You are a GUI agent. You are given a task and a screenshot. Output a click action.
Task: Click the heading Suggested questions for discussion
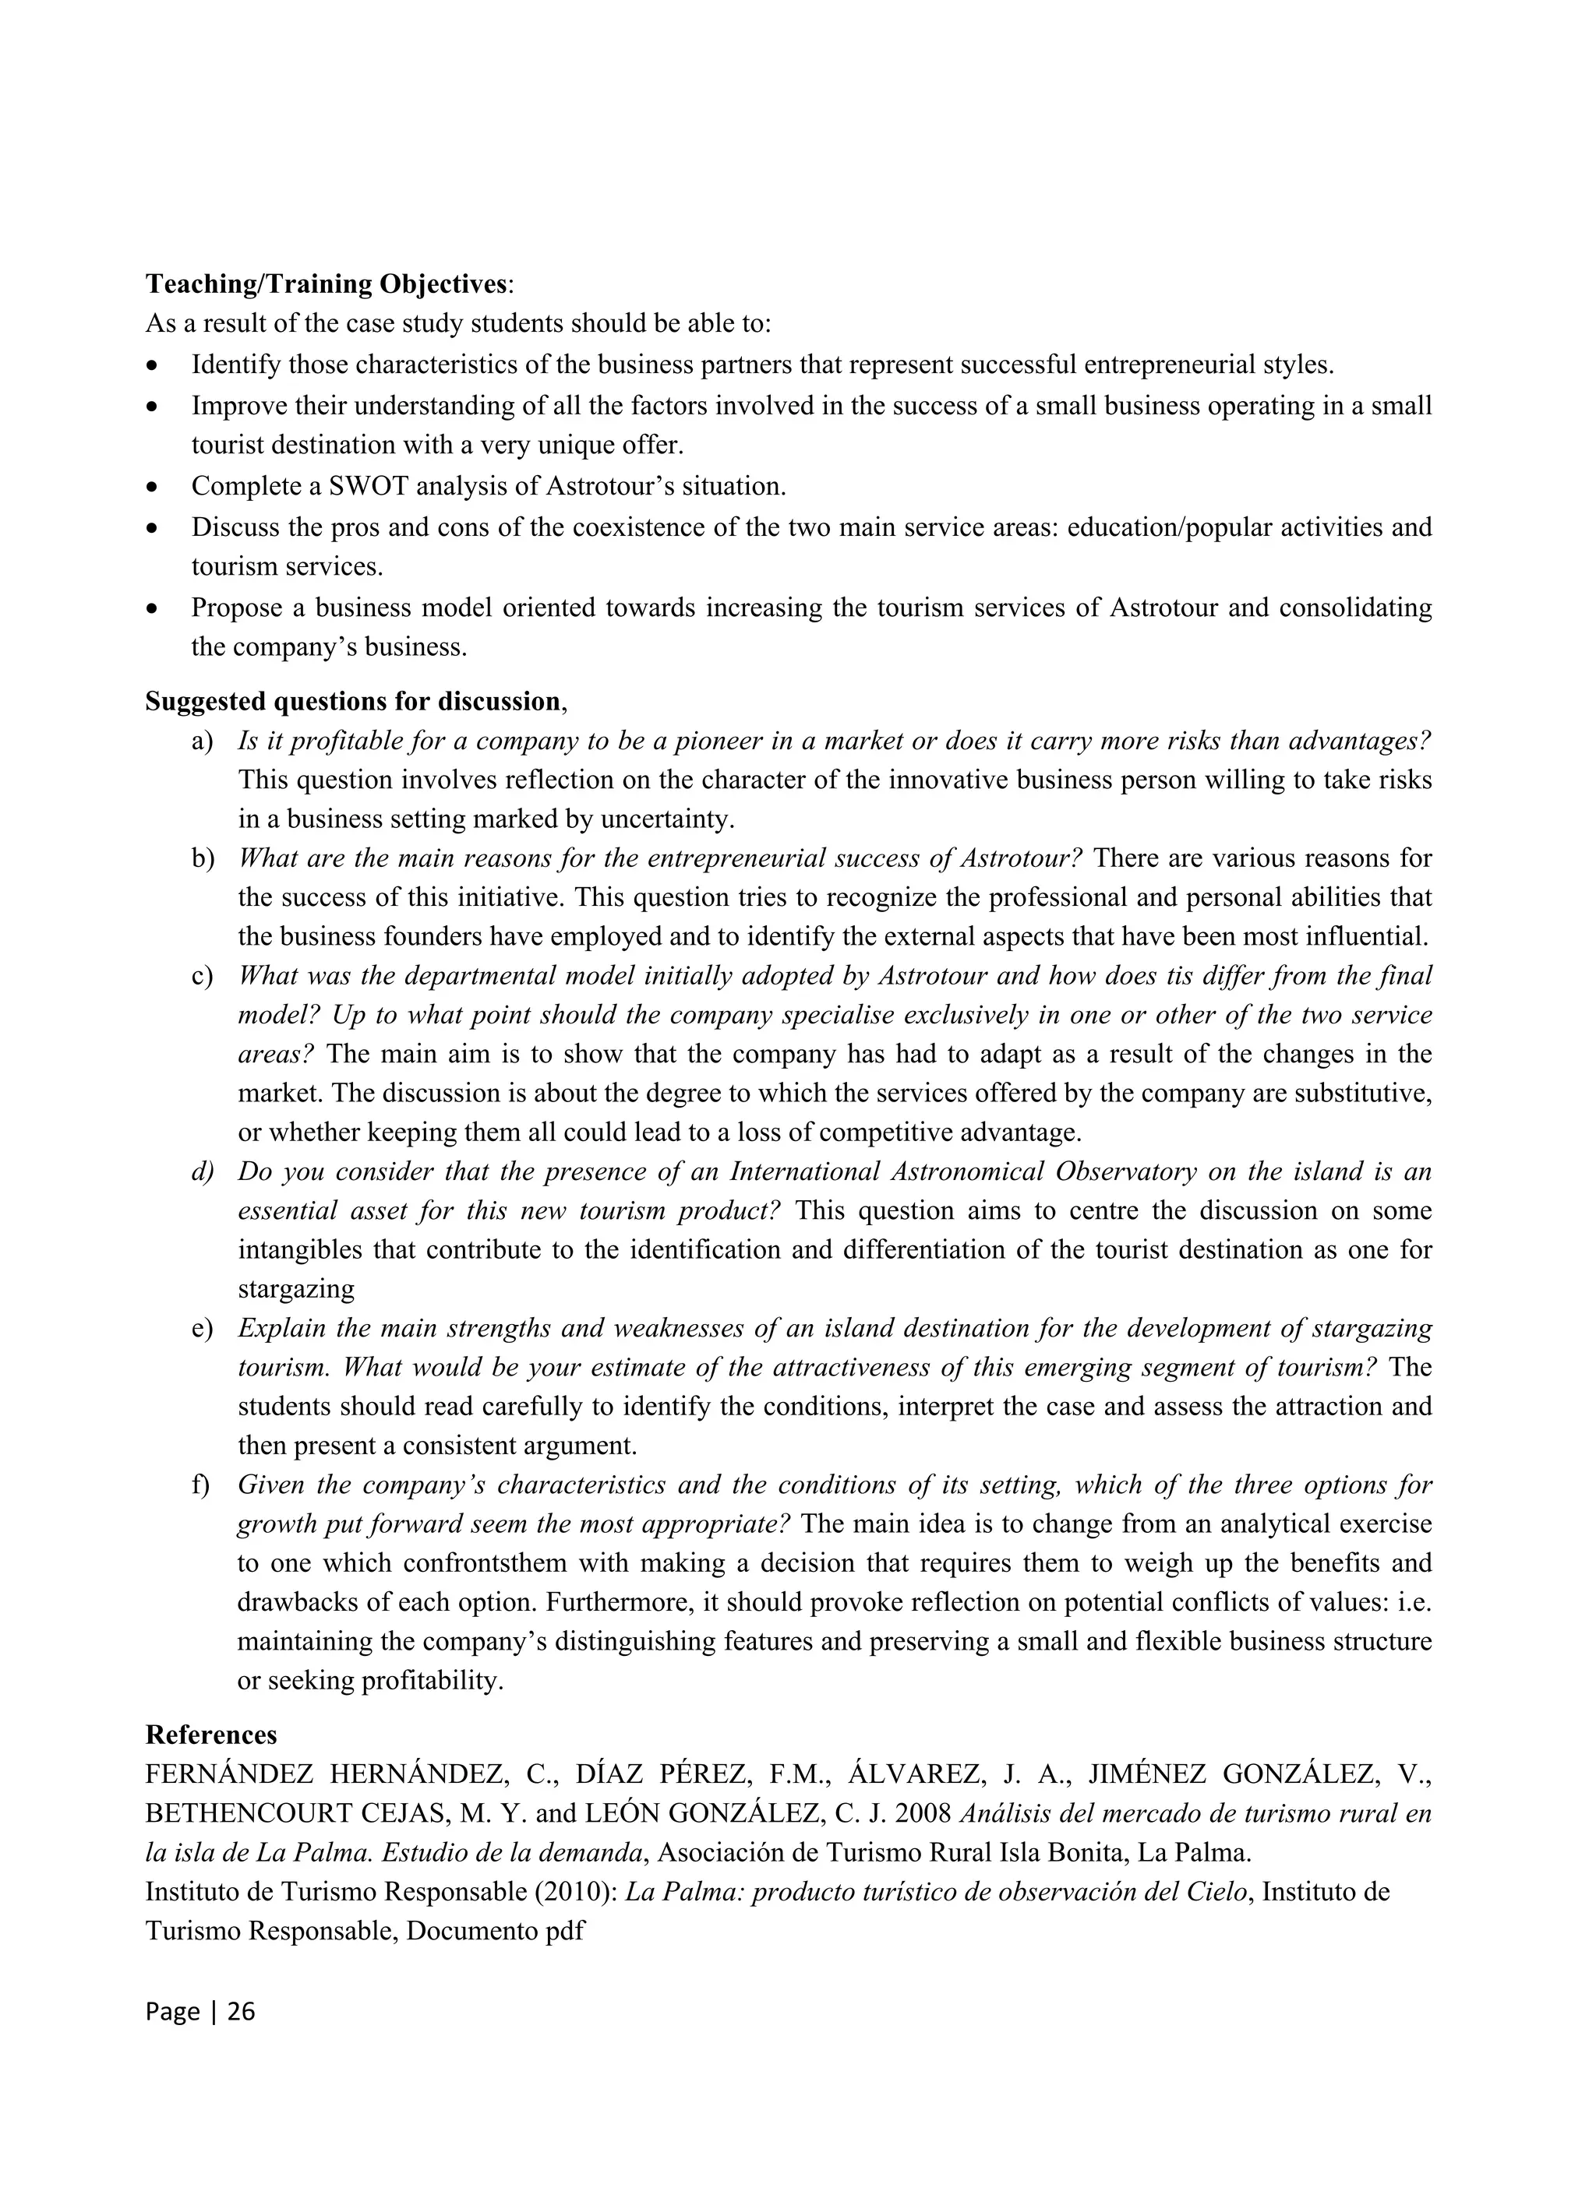pos(352,701)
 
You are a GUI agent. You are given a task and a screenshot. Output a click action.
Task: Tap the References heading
pos(211,1735)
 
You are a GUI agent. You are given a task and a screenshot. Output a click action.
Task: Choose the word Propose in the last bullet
pos(238,608)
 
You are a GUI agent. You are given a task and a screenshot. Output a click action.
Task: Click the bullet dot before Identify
pos(152,367)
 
